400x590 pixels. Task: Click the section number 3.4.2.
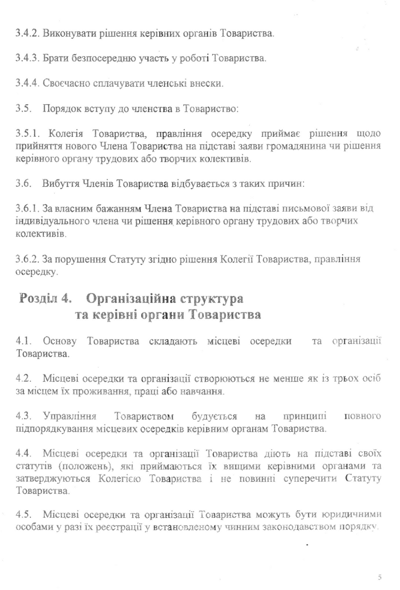coord(28,32)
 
